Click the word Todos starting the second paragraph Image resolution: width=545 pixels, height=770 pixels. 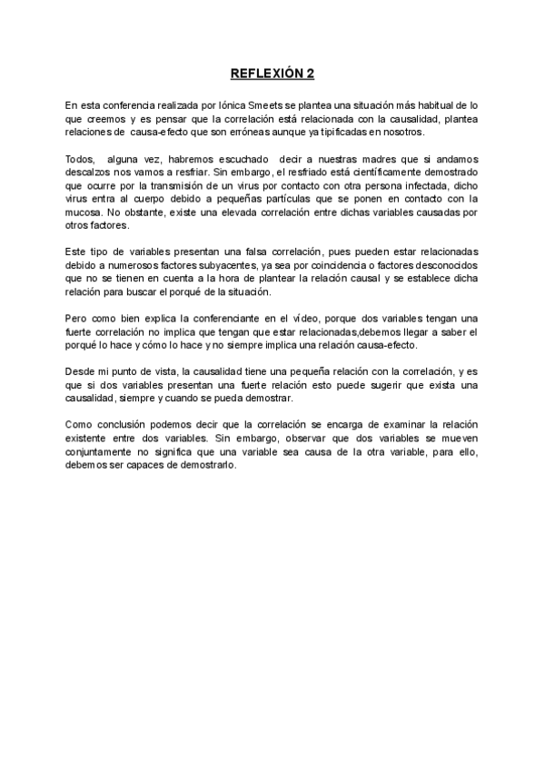point(81,159)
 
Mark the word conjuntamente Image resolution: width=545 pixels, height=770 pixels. point(102,452)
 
